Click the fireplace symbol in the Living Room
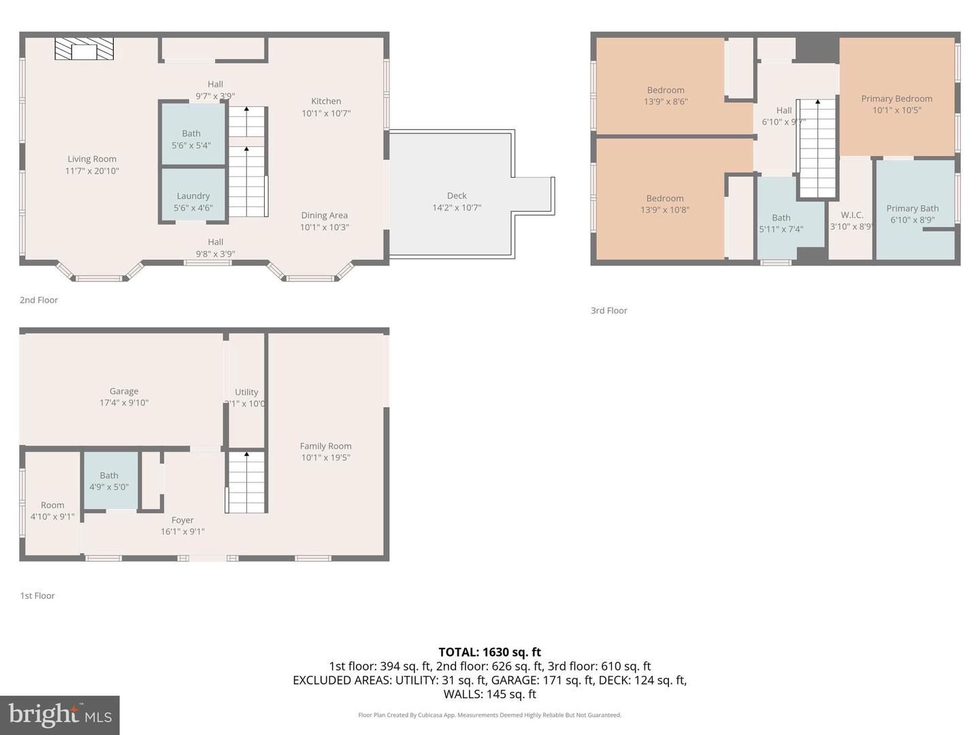point(84,49)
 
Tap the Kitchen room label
point(326,101)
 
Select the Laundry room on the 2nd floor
point(193,196)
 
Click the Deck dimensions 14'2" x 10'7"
point(457,208)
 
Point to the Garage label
point(124,391)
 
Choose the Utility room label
point(246,392)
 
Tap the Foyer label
point(182,520)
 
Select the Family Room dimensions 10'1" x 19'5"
point(325,457)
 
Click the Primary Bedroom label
point(896,99)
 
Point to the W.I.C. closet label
point(851,215)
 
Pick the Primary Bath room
point(912,209)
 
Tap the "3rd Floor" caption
point(608,310)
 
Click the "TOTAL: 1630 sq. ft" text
point(489,652)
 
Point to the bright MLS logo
point(60,715)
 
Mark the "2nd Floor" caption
point(39,300)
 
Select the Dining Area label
point(324,216)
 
